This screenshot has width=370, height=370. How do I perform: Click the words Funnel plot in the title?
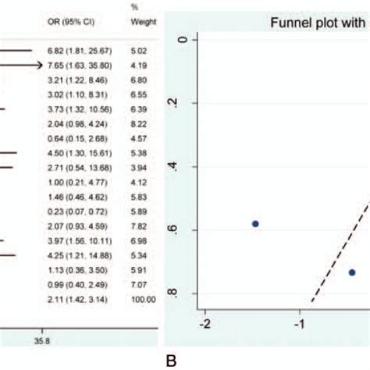point(294,23)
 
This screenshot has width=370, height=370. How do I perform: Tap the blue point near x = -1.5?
point(254,224)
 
